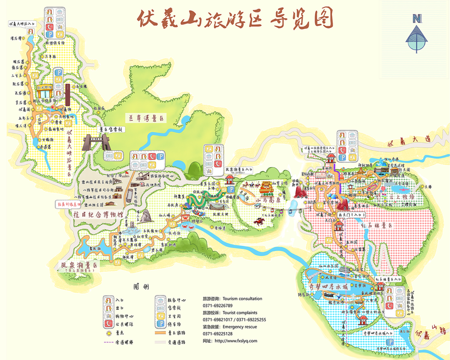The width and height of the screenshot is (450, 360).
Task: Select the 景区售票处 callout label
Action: [x=109, y=130]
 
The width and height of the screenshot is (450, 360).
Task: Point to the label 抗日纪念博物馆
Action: [x=98, y=215]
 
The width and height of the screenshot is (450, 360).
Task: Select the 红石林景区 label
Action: [x=379, y=225]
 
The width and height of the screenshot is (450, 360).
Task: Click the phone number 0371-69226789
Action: [x=217, y=306]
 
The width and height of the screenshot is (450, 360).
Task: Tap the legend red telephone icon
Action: [x=109, y=325]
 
